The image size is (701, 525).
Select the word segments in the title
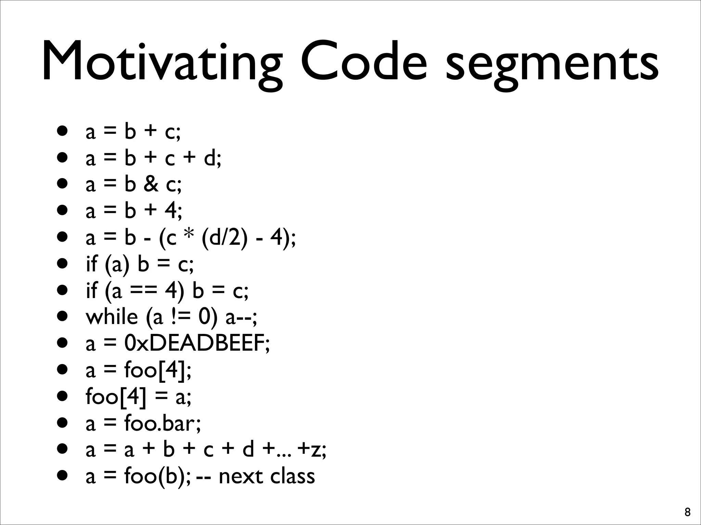point(551,63)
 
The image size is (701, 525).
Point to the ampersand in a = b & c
point(151,184)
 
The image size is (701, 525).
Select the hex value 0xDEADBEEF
point(195,343)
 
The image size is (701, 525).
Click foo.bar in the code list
point(161,423)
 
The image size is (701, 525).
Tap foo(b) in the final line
point(156,476)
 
